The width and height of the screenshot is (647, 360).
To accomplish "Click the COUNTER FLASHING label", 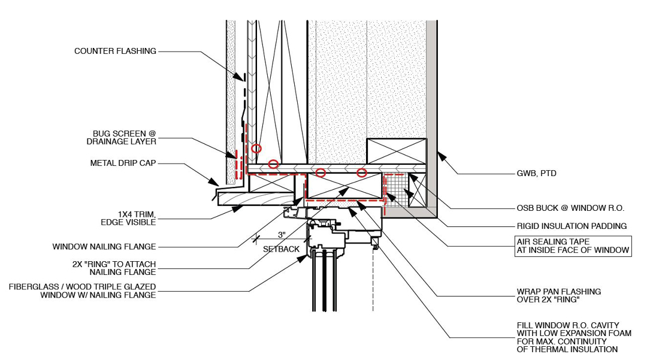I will click(x=115, y=51).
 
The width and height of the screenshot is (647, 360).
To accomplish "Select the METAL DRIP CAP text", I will click(x=123, y=163).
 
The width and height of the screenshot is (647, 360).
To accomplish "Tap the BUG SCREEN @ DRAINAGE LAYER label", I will click(x=124, y=137).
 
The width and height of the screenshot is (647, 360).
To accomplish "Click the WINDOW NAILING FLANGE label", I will click(x=104, y=246).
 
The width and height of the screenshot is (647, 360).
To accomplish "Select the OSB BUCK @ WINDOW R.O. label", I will click(x=570, y=208).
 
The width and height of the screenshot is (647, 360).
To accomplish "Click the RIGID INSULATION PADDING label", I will click(x=572, y=226).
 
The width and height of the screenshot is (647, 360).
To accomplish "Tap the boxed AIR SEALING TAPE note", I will click(x=572, y=246).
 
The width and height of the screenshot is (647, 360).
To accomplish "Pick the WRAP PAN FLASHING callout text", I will click(x=558, y=295).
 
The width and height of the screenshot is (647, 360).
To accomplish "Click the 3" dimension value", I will click(x=282, y=235).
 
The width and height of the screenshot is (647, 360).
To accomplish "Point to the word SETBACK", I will click(x=282, y=249).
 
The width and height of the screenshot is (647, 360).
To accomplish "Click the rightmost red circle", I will click(x=362, y=173).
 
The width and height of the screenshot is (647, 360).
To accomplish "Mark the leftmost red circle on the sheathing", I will click(x=256, y=148).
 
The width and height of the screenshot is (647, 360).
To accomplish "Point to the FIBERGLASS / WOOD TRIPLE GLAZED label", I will click(x=82, y=291).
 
